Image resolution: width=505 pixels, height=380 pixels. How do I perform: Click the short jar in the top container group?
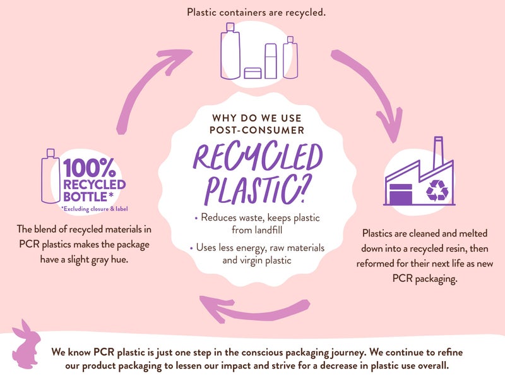tap(253, 73)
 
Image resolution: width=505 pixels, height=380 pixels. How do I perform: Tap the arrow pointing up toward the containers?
tap(151, 82)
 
